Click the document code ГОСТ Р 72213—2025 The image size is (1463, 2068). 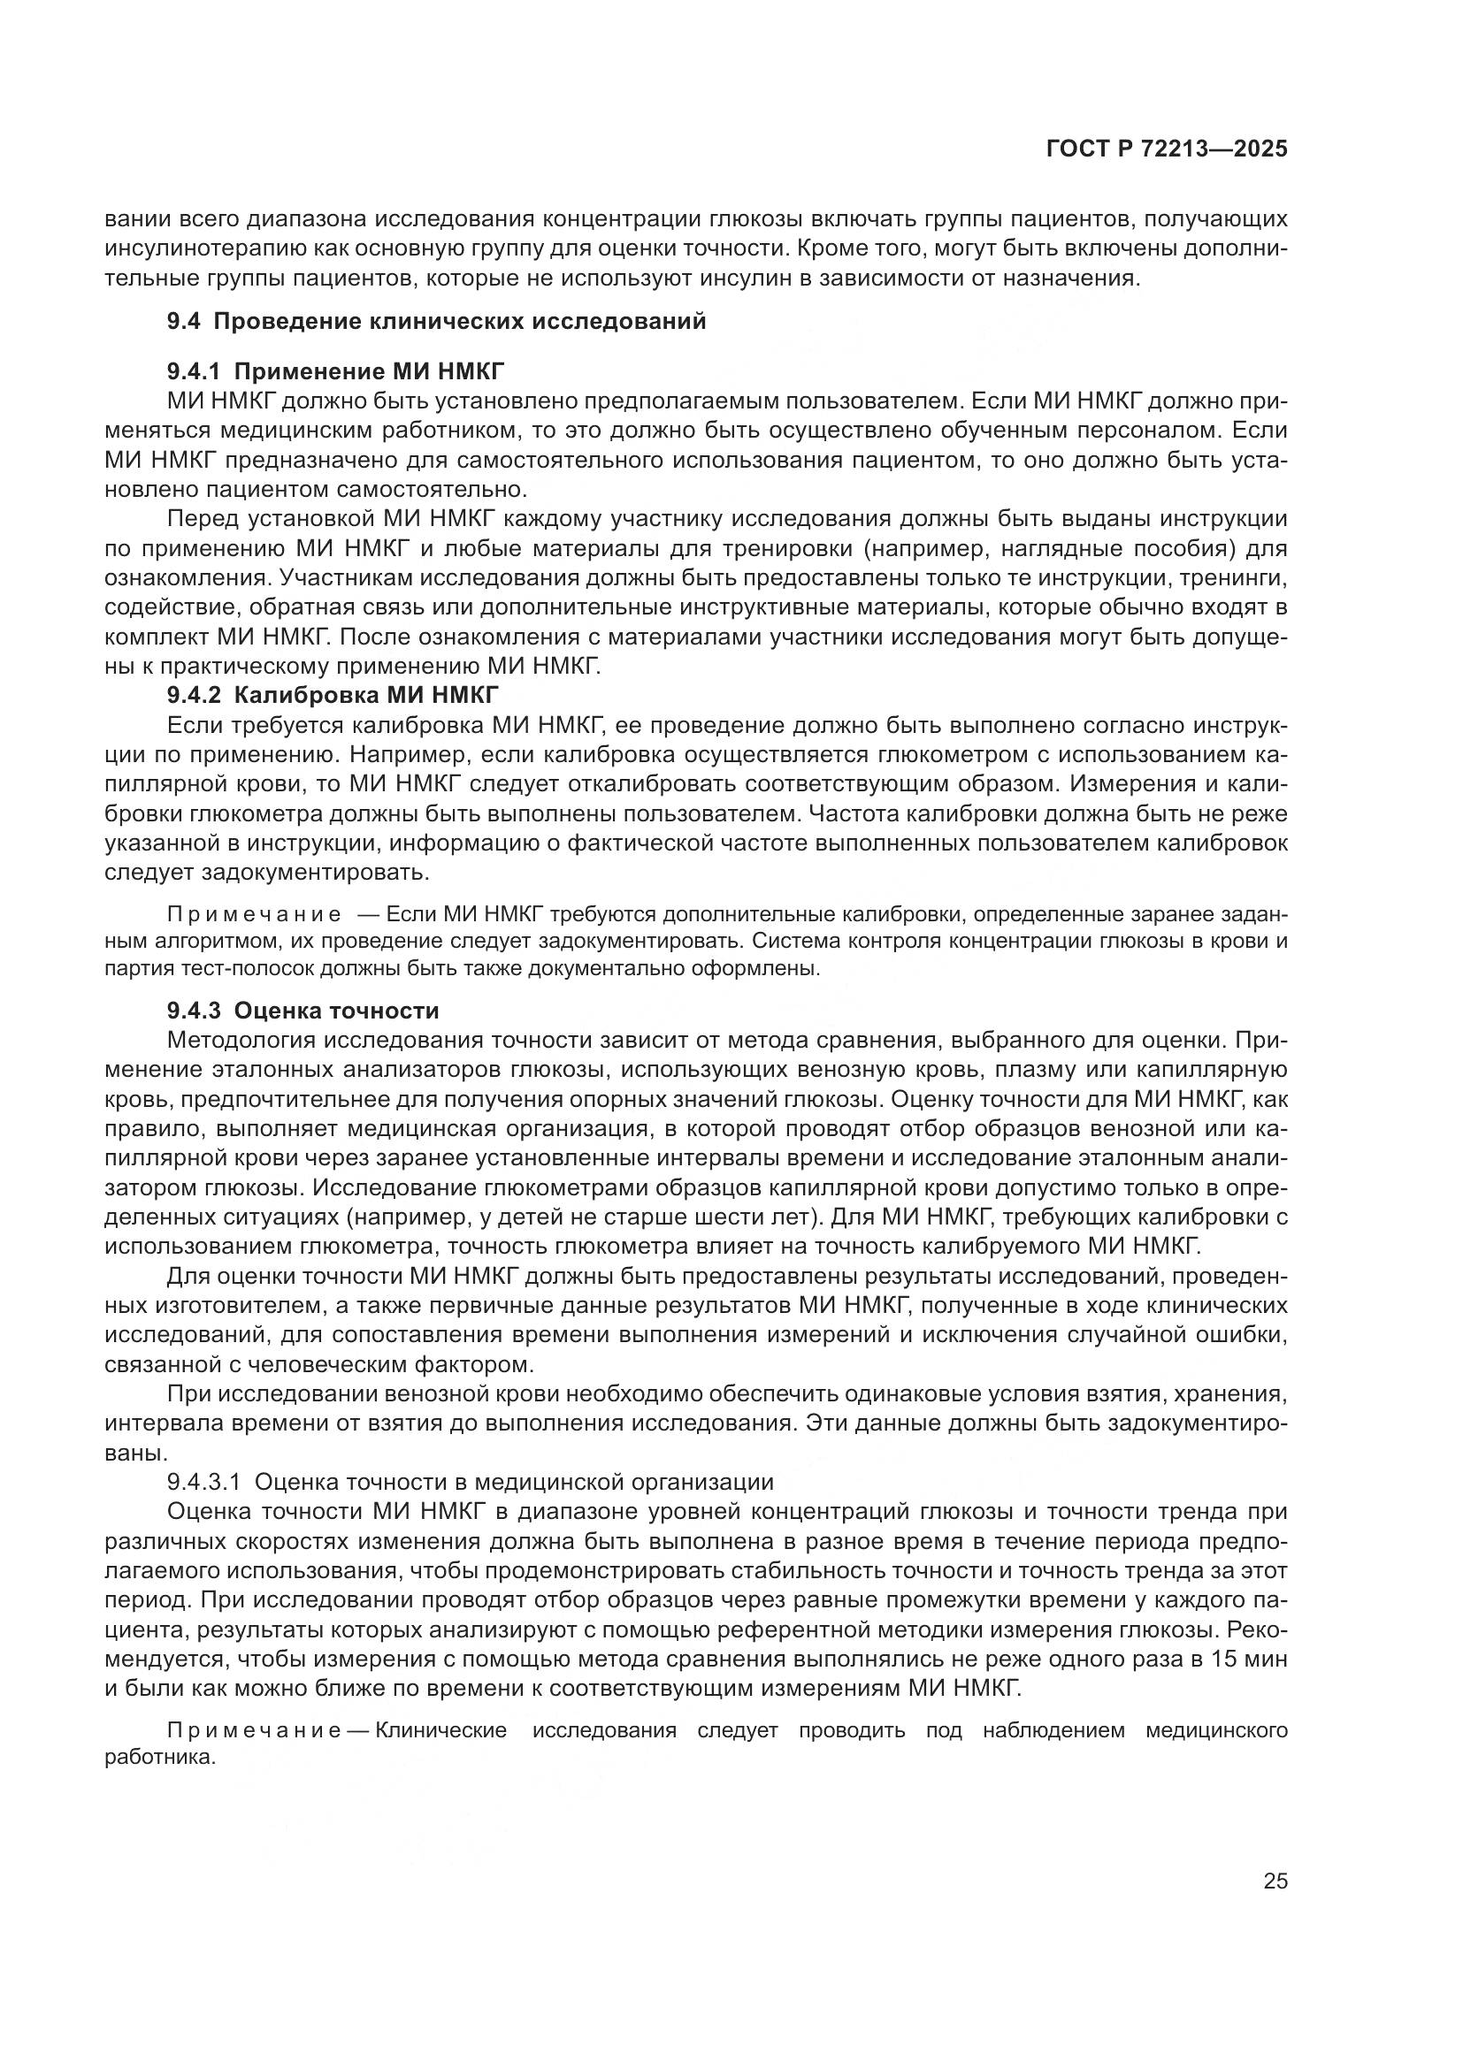(x=1167, y=149)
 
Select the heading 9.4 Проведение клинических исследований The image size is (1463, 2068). (x=436, y=322)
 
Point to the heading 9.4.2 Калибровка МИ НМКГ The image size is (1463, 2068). (x=333, y=694)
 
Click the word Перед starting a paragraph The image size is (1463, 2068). (x=203, y=519)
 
